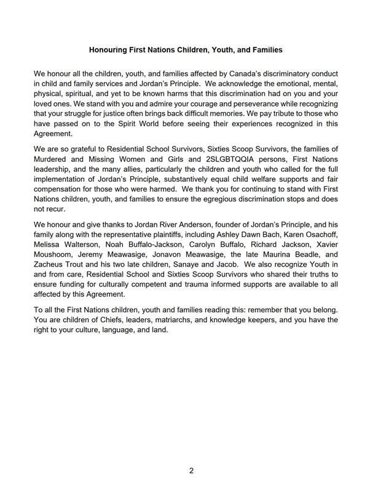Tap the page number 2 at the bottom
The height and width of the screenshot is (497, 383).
coord(191,471)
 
